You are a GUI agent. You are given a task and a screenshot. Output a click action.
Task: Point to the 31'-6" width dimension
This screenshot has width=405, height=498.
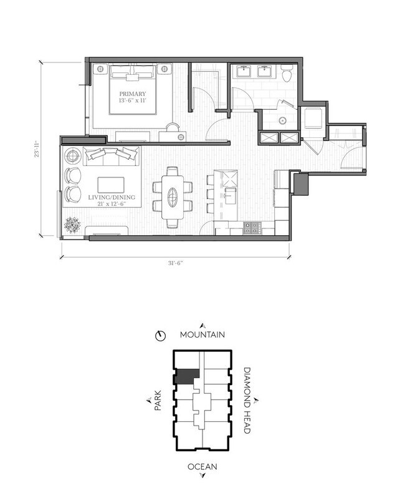click(x=174, y=263)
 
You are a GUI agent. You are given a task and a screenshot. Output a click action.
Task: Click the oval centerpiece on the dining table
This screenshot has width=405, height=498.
click(x=173, y=193)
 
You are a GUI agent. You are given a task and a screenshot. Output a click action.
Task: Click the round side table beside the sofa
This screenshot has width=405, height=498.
click(x=72, y=155)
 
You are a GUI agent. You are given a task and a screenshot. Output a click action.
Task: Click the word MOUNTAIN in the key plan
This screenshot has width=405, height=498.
click(x=202, y=335)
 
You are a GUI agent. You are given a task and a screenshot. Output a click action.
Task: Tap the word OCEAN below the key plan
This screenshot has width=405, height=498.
click(x=202, y=467)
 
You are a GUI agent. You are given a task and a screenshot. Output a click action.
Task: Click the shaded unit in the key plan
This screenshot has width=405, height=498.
click(x=185, y=375)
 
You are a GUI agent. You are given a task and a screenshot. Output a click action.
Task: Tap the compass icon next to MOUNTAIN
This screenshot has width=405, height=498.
click(x=161, y=336)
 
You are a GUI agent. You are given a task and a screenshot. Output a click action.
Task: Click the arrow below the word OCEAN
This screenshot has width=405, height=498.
click(x=202, y=477)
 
